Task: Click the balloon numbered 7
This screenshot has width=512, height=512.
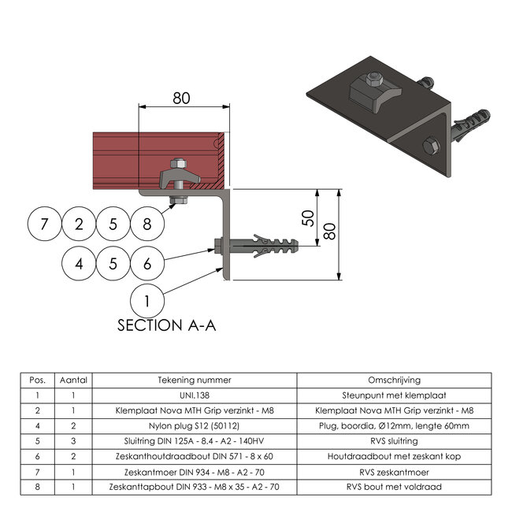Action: point(44,224)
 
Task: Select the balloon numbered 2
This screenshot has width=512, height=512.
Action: point(79,224)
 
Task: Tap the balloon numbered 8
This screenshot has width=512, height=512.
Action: point(147,224)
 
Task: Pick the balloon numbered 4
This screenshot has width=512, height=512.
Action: point(79,264)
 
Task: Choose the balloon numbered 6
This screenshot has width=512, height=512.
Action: point(147,264)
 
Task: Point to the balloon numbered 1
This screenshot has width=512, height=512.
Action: point(147,301)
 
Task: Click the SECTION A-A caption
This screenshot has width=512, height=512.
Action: point(166,325)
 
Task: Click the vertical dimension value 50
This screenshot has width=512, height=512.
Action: point(308,218)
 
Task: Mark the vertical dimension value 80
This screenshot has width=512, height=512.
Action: point(330,231)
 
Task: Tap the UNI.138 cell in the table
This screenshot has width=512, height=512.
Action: point(195,395)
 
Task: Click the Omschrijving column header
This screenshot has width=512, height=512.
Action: point(394,380)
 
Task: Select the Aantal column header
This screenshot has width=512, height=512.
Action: point(73,380)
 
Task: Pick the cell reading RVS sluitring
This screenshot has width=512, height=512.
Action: point(394,441)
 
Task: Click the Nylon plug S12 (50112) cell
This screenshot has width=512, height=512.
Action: point(195,426)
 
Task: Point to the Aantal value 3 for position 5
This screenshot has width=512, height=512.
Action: point(73,441)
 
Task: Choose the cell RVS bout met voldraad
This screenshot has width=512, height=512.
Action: point(394,487)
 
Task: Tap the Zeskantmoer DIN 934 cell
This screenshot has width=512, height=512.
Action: point(195,472)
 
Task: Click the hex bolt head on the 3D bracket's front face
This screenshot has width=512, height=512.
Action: point(431,147)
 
